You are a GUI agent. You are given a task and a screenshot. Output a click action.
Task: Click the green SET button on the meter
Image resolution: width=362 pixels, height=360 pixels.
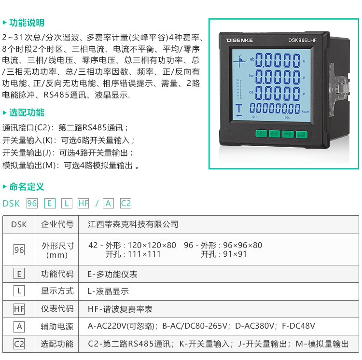[x=261, y=133]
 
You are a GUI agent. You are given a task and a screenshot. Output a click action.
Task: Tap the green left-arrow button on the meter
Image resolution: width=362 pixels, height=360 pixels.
[x=275, y=134]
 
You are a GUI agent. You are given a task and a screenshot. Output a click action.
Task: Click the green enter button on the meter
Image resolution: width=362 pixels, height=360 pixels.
[x=302, y=134]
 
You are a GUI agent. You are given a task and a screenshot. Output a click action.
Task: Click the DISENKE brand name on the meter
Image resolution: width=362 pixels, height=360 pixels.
[x=239, y=41]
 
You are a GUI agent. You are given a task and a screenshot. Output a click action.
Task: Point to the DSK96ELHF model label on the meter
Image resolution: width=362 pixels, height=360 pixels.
[x=302, y=40]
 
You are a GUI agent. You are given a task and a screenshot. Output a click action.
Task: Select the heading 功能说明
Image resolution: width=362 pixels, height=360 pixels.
[x=27, y=23]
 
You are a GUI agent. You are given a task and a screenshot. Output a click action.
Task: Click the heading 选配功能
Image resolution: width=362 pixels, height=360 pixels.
[x=27, y=112]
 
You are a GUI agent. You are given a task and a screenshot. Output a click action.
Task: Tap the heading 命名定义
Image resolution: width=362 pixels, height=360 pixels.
[x=27, y=187]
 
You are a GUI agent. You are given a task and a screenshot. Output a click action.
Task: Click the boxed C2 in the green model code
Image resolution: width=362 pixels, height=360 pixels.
[x=126, y=203]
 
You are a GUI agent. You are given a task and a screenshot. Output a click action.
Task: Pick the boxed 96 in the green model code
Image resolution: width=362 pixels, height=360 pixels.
[x=32, y=203]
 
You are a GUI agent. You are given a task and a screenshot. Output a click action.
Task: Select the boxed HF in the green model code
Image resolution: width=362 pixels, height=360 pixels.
[x=84, y=203]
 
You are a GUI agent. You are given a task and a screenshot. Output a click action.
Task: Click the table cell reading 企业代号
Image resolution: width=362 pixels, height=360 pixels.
[x=57, y=224]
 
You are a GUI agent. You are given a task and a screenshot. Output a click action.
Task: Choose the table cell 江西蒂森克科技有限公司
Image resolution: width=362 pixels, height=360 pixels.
[x=133, y=224]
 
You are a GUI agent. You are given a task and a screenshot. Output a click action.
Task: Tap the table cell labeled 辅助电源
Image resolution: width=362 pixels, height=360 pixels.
[x=57, y=326]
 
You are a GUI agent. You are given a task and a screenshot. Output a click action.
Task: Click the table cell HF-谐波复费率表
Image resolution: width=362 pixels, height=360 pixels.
[x=120, y=309]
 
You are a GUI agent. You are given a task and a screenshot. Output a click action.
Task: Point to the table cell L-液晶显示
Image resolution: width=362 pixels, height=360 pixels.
[x=108, y=291]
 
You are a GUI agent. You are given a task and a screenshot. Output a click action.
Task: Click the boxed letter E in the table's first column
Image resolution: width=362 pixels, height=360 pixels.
[x=19, y=274]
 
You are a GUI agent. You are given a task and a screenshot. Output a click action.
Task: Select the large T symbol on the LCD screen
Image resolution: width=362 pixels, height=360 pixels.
[x=239, y=109]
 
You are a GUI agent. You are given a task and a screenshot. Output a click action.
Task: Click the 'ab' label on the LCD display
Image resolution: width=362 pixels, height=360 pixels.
[x=252, y=59]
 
